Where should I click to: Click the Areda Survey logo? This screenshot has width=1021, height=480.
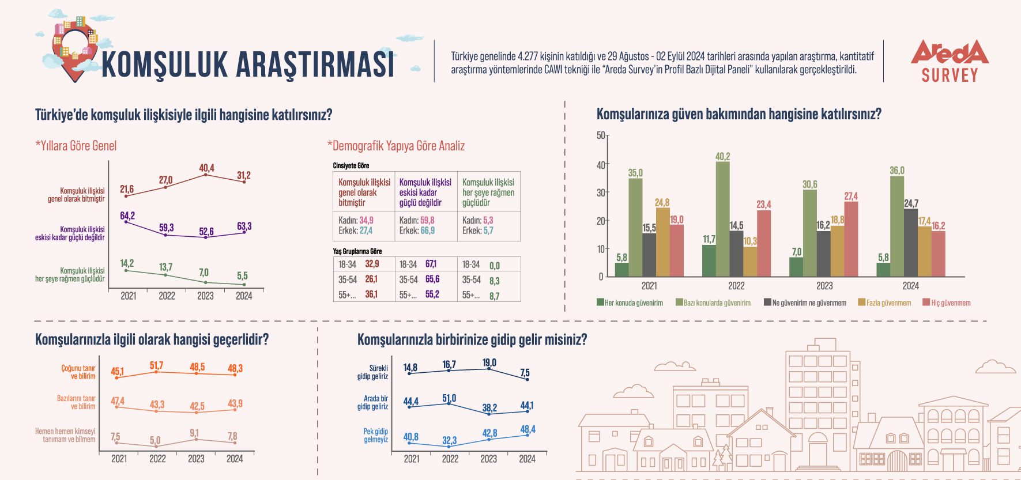click(x=950, y=61)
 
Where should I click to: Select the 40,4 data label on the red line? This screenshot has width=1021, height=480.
click(x=206, y=168)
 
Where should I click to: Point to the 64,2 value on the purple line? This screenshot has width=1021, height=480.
click(x=127, y=216)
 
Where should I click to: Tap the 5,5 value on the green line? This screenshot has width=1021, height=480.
click(x=242, y=276)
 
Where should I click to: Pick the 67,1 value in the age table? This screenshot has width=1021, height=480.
click(x=431, y=264)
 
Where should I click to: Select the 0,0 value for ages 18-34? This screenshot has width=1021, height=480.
click(x=494, y=266)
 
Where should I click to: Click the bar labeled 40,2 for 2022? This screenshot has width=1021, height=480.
click(x=722, y=219)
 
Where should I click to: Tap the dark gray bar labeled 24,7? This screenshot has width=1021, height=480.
click(x=910, y=242)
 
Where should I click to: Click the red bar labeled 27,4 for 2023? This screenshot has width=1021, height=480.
click(x=851, y=239)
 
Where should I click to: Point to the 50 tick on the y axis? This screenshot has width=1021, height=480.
click(x=601, y=135)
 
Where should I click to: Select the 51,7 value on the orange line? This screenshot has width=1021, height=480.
click(x=156, y=365)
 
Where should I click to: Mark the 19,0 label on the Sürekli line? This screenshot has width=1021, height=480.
click(x=489, y=362)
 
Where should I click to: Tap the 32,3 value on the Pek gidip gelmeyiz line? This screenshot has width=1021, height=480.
click(x=449, y=440)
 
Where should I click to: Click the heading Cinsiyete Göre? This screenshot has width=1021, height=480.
click(x=351, y=165)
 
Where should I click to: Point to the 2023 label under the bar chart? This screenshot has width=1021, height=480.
click(x=824, y=286)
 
